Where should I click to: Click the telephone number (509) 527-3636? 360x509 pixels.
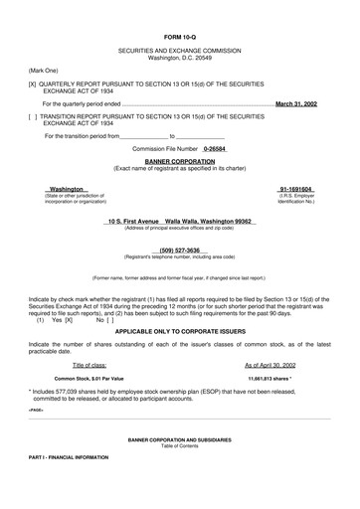point(180,251)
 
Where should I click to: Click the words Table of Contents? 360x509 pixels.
point(180,472)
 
